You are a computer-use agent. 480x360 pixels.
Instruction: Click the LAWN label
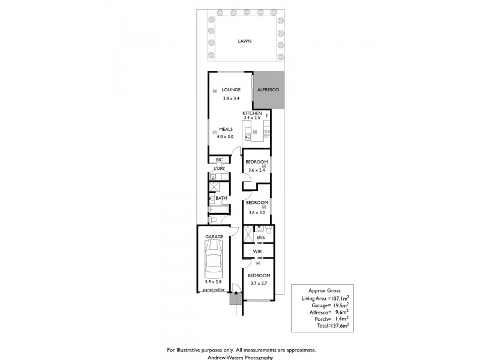pos(244,41)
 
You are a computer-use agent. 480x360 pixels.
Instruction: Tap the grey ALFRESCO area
pos(268,90)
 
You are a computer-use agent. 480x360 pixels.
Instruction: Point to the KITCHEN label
pos(252,113)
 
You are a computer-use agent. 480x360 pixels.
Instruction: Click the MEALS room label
pos(226,129)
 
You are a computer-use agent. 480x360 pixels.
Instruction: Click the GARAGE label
pos(214,236)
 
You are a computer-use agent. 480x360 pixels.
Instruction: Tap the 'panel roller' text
pos(214,289)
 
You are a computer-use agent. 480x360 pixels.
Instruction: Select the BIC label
pos(220,160)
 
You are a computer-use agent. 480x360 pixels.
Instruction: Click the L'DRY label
pos(219,169)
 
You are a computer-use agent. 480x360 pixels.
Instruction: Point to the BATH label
pos(221,198)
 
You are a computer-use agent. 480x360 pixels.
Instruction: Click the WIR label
pos(257,251)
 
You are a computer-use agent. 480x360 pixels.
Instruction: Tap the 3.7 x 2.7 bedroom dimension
pos(257,284)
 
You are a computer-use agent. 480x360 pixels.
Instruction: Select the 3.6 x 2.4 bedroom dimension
pos(257,170)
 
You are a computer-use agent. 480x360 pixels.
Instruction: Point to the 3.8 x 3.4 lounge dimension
pos(231,98)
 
